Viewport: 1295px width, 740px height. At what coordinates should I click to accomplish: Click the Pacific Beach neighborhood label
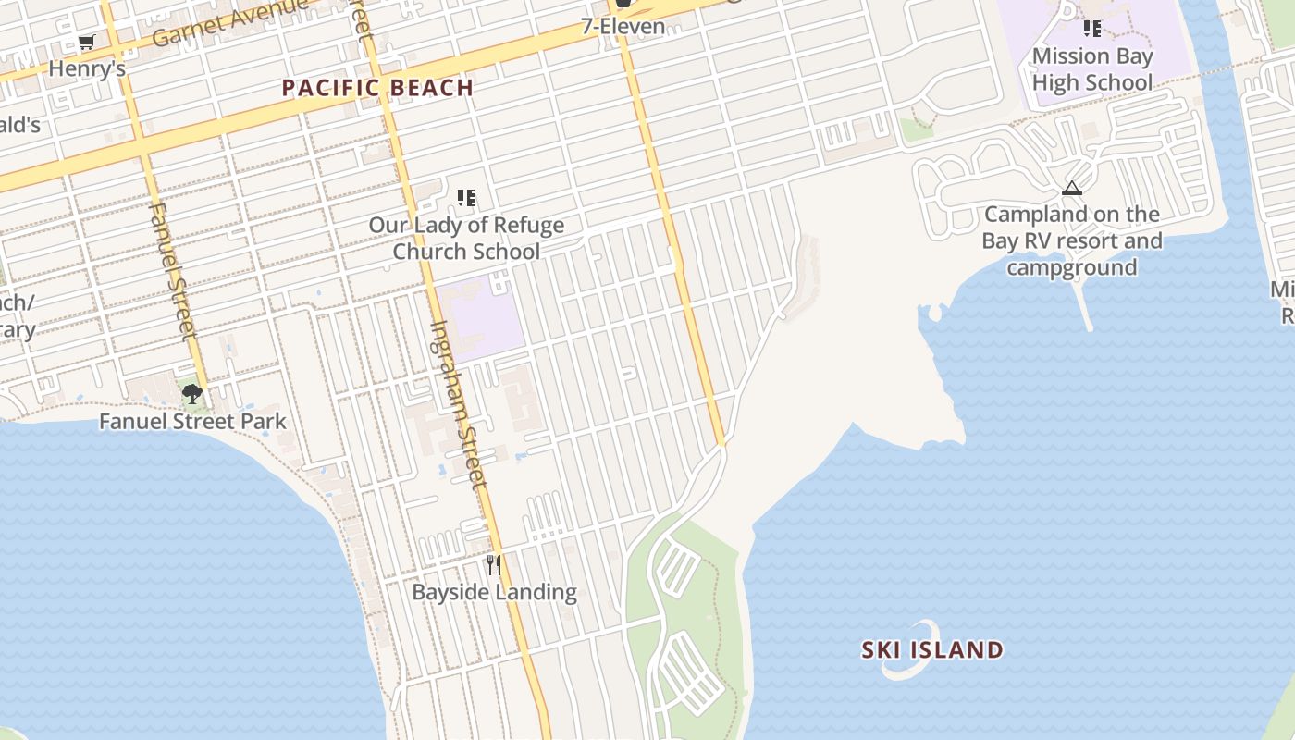(x=377, y=88)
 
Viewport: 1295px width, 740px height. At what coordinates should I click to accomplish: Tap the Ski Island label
(x=932, y=649)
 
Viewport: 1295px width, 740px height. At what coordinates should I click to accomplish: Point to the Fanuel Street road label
(x=172, y=268)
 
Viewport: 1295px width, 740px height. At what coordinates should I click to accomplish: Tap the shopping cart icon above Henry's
(x=87, y=42)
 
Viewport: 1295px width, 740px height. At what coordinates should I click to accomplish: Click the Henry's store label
(x=87, y=68)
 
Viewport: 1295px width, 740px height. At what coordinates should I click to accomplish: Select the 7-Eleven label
(x=623, y=26)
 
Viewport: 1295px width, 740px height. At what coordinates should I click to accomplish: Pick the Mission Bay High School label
(x=1092, y=69)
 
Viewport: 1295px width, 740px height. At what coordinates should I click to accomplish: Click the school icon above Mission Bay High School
(x=1092, y=29)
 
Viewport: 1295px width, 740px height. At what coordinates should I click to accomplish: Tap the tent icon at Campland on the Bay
(x=1072, y=189)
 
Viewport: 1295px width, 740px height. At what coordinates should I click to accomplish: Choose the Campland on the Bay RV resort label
(x=1072, y=240)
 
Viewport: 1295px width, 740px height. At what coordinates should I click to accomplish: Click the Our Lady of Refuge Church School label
(x=466, y=238)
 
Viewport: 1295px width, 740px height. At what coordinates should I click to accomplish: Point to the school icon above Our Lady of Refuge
(x=466, y=197)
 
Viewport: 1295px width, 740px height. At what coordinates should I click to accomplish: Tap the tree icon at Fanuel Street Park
(x=192, y=395)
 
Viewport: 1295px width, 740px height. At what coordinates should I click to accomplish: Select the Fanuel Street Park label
(x=192, y=422)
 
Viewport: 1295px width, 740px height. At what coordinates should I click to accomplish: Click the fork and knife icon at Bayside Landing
(x=494, y=564)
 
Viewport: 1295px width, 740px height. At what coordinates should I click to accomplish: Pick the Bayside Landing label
(x=494, y=592)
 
